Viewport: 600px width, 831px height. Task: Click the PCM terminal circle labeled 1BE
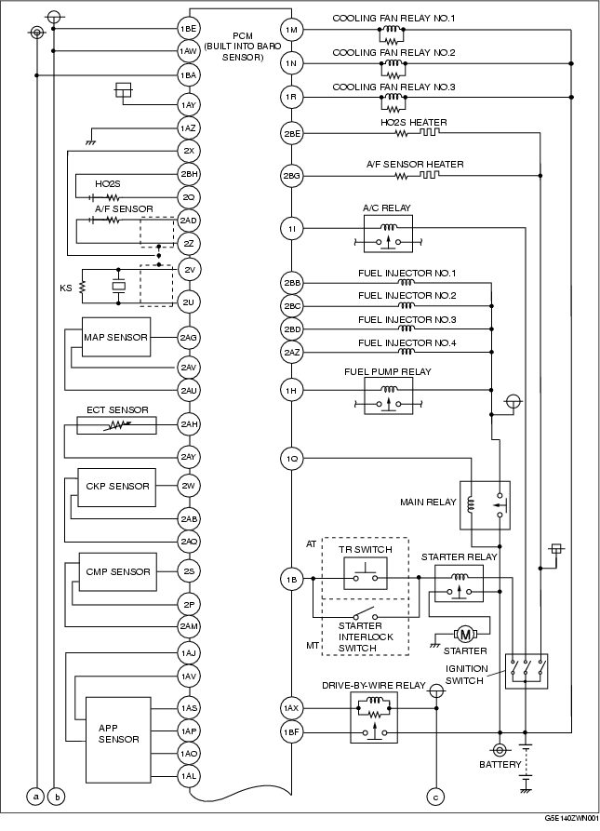pyautogui.click(x=188, y=29)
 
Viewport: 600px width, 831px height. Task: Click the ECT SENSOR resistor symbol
pyautogui.click(x=116, y=425)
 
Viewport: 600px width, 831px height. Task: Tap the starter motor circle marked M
pyautogui.click(x=465, y=634)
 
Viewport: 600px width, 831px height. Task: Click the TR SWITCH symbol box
pyautogui.click(x=365, y=572)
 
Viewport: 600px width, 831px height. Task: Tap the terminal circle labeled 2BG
pyautogui.click(x=291, y=176)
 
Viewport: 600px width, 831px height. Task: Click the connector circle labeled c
pyautogui.click(x=435, y=797)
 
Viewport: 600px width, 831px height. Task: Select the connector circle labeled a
pyautogui.click(x=35, y=796)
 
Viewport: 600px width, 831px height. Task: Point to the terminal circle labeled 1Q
pyautogui.click(x=291, y=459)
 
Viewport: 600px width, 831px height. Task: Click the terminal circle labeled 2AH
pyautogui.click(x=189, y=424)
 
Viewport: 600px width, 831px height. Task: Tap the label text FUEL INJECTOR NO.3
pyautogui.click(x=407, y=319)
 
